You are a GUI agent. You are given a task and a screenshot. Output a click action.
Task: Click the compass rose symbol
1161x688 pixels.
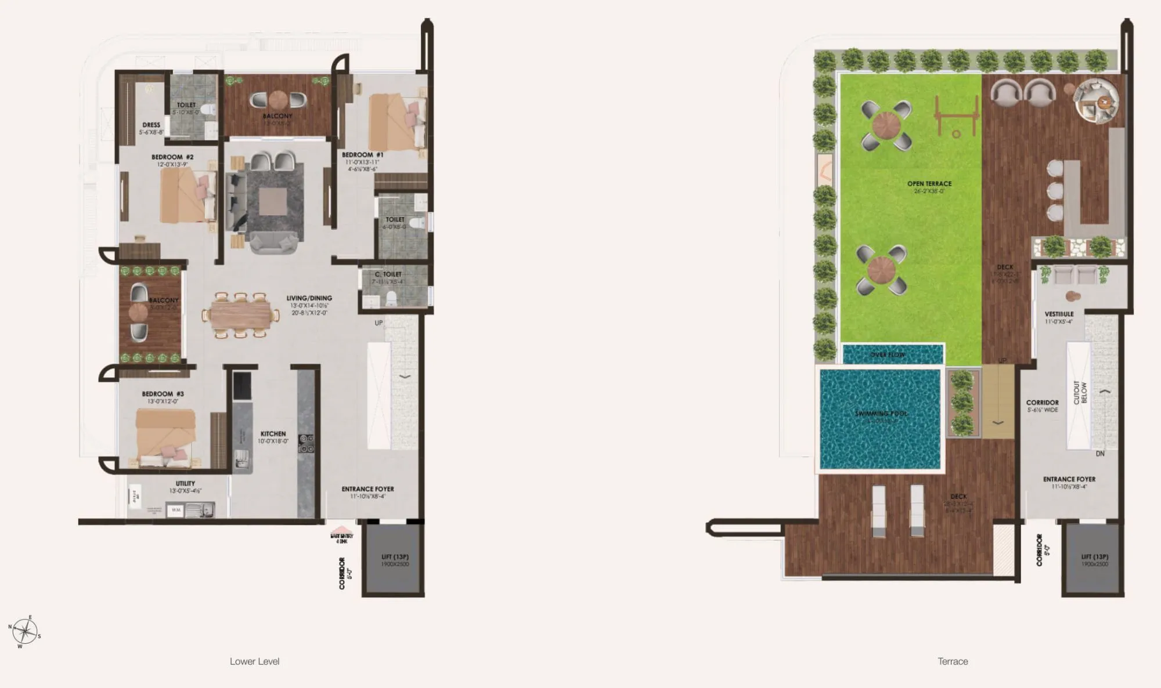click(24, 631)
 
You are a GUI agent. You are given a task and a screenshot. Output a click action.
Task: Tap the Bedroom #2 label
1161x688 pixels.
click(172, 157)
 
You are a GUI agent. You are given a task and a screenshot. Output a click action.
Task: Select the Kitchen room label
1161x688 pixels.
click(273, 434)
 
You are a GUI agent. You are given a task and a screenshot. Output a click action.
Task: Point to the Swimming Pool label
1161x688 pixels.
click(881, 414)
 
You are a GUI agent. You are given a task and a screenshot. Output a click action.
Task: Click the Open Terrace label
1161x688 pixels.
click(929, 184)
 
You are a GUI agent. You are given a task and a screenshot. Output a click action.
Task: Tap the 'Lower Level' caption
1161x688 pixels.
click(254, 661)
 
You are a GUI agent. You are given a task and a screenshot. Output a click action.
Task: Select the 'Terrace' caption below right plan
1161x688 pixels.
click(953, 661)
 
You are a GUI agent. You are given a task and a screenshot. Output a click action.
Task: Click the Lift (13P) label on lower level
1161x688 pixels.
click(395, 557)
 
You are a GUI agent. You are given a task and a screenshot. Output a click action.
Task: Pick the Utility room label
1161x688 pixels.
click(185, 483)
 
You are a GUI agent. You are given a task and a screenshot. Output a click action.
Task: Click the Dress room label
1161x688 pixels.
click(151, 125)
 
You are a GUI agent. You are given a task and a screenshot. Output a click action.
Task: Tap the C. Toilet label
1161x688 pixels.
click(388, 274)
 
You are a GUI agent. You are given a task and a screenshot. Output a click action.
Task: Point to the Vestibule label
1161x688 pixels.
click(1059, 314)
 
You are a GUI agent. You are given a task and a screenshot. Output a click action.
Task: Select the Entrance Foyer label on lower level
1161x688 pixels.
click(367, 489)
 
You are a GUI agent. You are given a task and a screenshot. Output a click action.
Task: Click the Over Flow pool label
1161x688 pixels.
click(888, 354)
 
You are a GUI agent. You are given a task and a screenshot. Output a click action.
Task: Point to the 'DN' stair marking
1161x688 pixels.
click(1099, 454)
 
